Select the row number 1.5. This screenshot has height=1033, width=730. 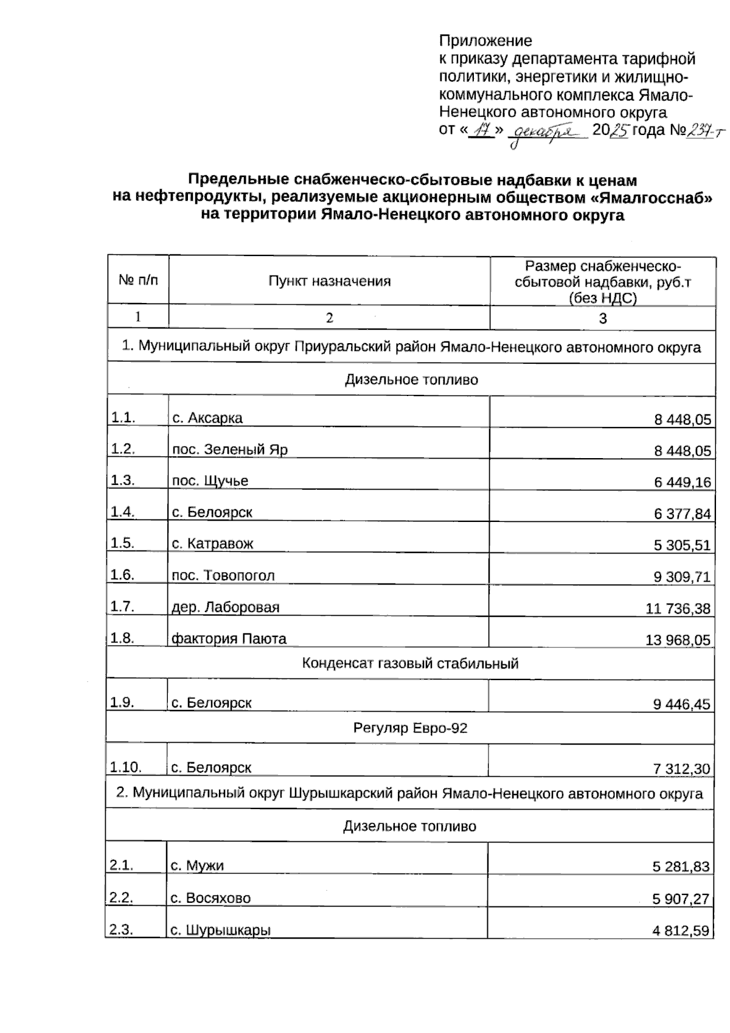pyautogui.click(x=122, y=543)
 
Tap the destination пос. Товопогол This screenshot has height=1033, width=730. pyautogui.click(x=223, y=576)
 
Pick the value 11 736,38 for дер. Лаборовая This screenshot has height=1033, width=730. pyautogui.click(x=677, y=608)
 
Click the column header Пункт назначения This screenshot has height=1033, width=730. pyautogui.click(x=329, y=281)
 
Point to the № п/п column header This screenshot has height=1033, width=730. pyautogui.click(x=138, y=280)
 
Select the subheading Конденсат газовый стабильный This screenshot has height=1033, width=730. pyautogui.click(x=410, y=663)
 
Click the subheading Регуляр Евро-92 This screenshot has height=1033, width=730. pyautogui.click(x=410, y=728)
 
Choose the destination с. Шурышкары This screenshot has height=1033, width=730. pyautogui.click(x=220, y=930)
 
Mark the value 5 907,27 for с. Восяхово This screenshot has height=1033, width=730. pyautogui.click(x=681, y=899)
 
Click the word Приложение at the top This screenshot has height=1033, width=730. pyautogui.click(x=485, y=41)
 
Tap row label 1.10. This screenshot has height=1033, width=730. pyautogui.click(x=125, y=767)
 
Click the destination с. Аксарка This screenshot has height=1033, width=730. pyautogui.click(x=207, y=419)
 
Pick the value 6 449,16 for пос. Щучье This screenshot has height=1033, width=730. pyautogui.click(x=682, y=482)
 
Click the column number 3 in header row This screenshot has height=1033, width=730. pyautogui.click(x=602, y=318)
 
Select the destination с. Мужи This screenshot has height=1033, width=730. pyautogui.click(x=197, y=866)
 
